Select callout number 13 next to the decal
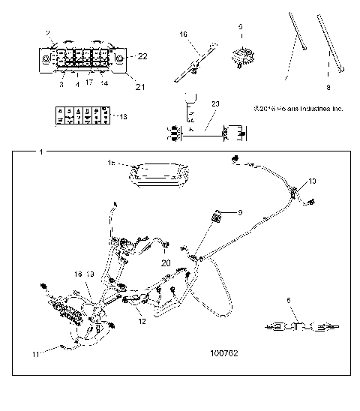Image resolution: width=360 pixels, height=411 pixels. tap(123, 116)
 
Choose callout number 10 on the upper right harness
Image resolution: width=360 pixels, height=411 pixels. tap(312, 182)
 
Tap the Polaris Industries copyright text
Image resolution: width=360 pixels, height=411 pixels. tap(298, 108)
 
